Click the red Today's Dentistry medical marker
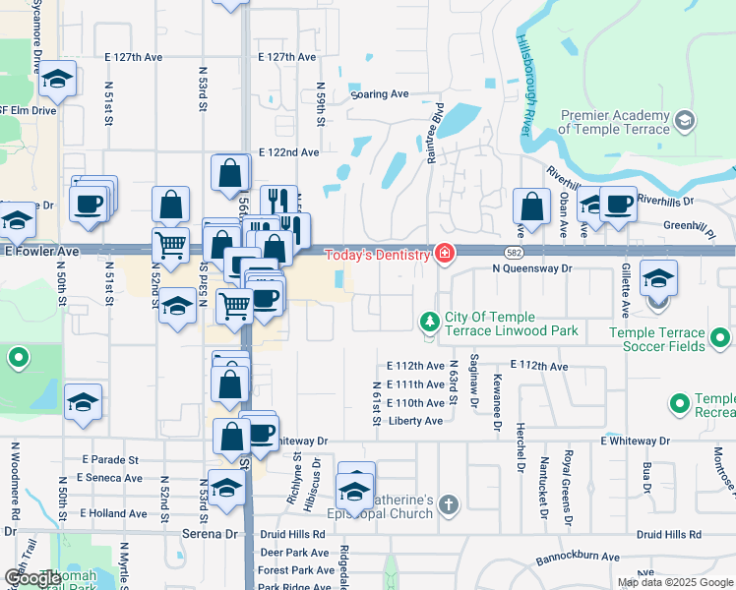(445, 255)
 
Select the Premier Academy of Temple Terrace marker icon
(685, 121)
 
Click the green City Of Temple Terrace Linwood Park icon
(429, 323)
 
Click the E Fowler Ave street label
(40, 252)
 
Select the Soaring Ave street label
(381, 94)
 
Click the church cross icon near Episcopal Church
(449, 505)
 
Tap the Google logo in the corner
(32, 578)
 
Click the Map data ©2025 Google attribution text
(674, 582)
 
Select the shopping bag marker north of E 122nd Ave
(229, 172)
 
